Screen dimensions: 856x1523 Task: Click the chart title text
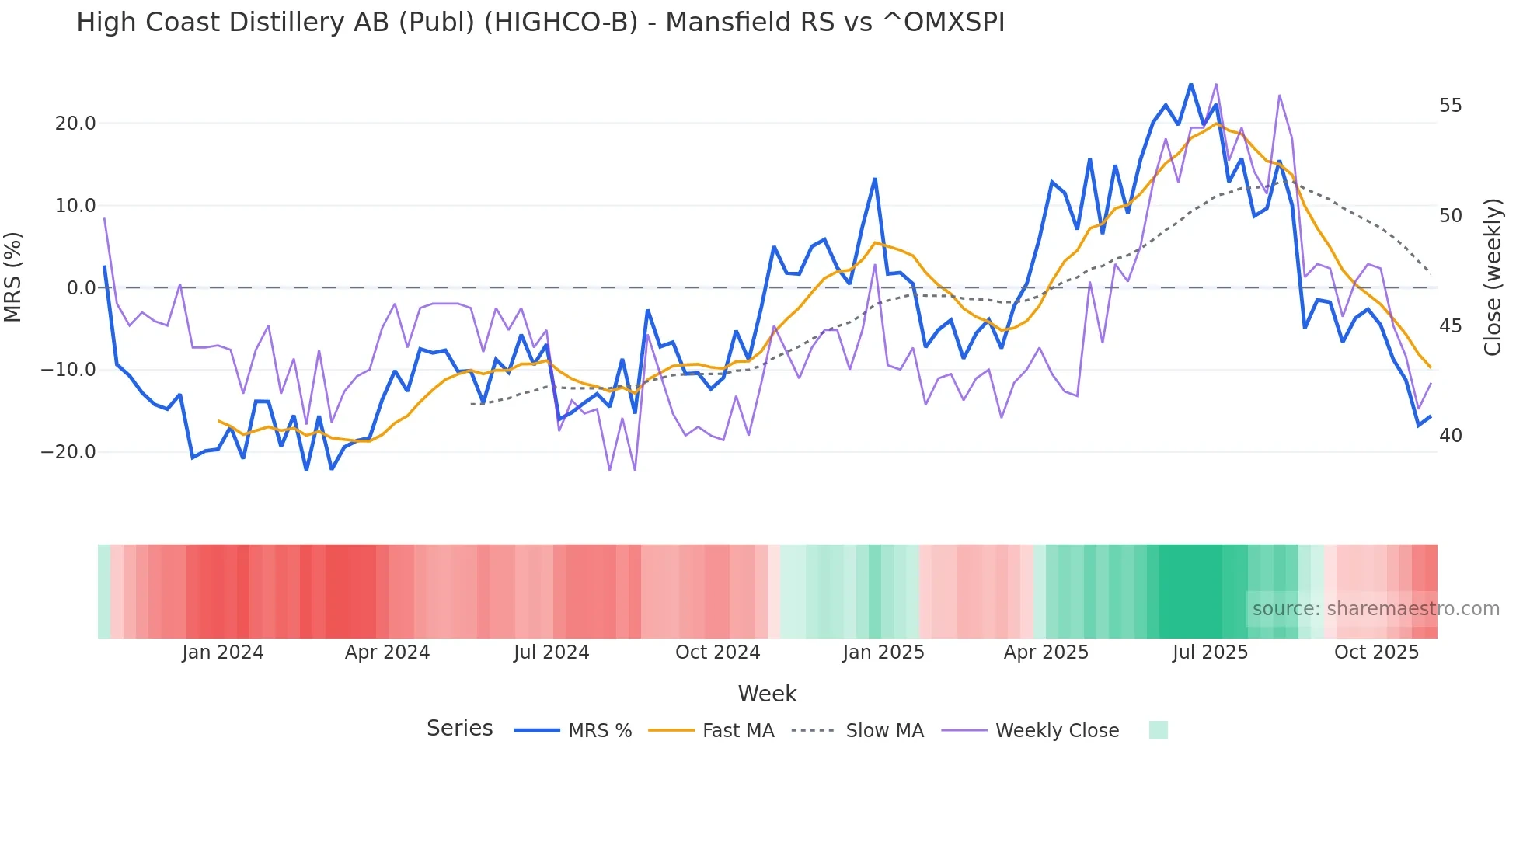[x=540, y=23]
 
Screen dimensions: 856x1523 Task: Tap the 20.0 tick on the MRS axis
[x=75, y=124]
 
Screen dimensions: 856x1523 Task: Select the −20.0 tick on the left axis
[x=69, y=452]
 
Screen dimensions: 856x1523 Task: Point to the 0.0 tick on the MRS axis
[x=81, y=288]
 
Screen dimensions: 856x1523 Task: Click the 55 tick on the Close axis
[x=1450, y=106]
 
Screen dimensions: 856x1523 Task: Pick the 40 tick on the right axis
[x=1450, y=436]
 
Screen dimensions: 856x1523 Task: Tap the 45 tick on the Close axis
[x=1450, y=326]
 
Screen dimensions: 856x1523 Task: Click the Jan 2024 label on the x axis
[x=223, y=652]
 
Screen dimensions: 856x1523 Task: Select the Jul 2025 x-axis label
[x=1210, y=652]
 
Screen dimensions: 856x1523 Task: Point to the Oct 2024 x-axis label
[x=717, y=652]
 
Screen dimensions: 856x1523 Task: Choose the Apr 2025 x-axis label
[x=1046, y=652]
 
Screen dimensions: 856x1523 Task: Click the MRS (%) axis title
[x=13, y=277]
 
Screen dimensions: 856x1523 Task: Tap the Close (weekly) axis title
[x=1492, y=277]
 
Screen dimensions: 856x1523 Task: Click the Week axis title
[x=767, y=694]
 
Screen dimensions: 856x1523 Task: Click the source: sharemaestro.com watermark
[x=1375, y=609]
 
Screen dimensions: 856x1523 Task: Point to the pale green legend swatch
[x=1158, y=730]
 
